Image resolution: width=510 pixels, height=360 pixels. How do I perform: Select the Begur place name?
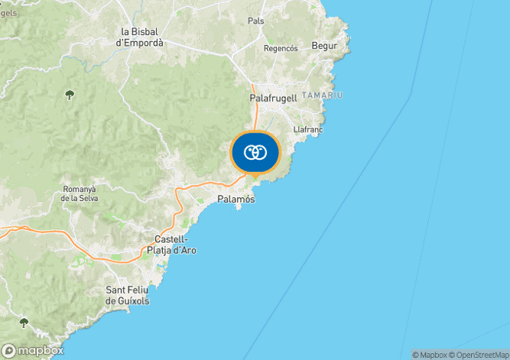click(325, 46)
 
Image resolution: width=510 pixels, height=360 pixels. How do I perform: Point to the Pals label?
click(256, 21)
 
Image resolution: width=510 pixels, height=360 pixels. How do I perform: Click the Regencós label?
click(280, 47)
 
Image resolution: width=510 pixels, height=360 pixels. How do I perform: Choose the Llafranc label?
click(307, 129)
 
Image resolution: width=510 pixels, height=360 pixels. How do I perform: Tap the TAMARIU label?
click(322, 95)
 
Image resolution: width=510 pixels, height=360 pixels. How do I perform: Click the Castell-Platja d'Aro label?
click(171, 245)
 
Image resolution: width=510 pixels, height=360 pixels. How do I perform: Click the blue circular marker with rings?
click(255, 152)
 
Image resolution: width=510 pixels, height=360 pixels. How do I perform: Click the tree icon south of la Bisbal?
click(70, 95)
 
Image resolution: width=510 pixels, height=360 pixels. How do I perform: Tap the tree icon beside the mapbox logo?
click(24, 323)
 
